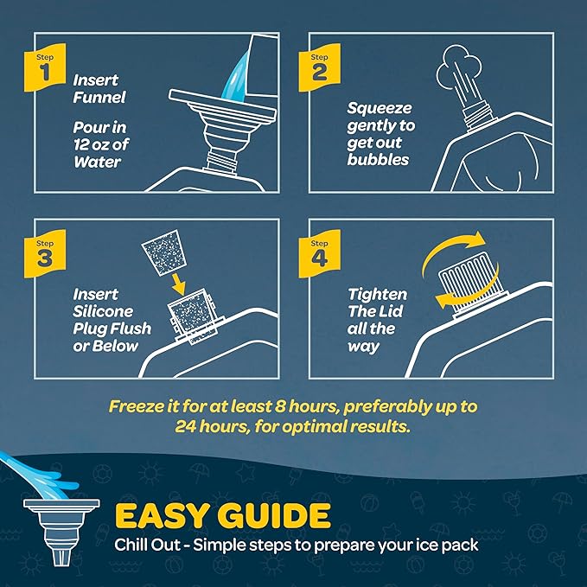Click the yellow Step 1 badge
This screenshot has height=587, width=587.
(45, 67)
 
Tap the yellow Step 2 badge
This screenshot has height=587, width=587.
(319, 67)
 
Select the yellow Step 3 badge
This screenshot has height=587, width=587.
(45, 254)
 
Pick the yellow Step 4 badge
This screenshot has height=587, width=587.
(319, 254)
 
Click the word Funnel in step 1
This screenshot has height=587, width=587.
(99, 98)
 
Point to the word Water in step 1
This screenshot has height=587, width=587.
(98, 163)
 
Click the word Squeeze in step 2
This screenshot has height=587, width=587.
(380, 109)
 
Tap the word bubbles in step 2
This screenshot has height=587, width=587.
(378, 160)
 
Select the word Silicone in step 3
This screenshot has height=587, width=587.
(103, 311)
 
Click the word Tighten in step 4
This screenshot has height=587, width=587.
(377, 295)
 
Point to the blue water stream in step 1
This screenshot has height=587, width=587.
(235, 78)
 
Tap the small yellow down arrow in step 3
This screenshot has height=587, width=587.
(178, 284)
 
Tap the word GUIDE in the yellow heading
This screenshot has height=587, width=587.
(274, 516)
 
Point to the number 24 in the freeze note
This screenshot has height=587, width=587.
(185, 426)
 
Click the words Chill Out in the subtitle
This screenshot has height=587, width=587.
(147, 545)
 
